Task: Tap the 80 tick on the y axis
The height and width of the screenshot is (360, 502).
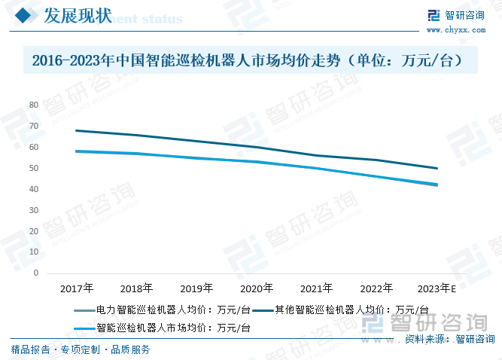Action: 34,105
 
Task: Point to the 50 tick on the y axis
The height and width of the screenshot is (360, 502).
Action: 34,168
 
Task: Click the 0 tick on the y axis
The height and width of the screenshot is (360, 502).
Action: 36,273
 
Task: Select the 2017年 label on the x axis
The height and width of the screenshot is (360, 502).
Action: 77,288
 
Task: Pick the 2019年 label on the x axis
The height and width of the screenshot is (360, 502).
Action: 196,288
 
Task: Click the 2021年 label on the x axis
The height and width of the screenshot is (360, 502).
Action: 316,288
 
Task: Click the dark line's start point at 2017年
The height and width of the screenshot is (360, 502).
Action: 77,130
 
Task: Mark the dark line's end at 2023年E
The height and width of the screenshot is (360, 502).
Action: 437,168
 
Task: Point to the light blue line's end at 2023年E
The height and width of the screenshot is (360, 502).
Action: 437,185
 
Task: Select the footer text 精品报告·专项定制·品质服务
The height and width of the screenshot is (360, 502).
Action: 80,349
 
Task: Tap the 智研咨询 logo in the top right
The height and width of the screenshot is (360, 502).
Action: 458,15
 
